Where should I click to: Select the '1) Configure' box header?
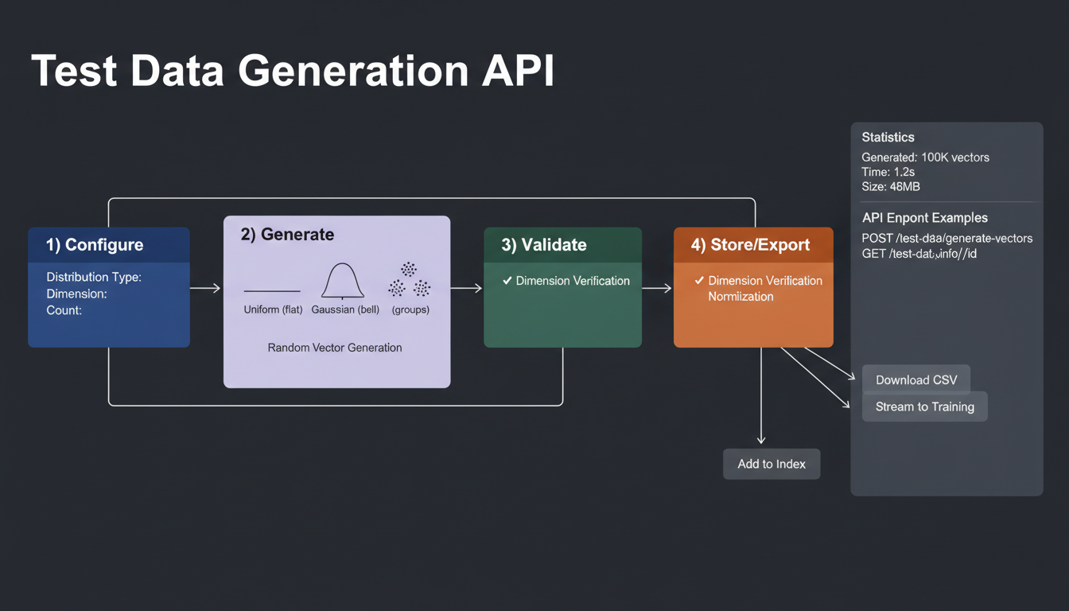point(95,245)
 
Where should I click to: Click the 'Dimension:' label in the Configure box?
point(76,294)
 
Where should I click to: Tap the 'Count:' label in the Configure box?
point(64,310)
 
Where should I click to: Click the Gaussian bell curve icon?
point(343,281)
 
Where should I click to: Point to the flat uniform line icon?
point(272,291)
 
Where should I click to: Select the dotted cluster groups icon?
point(410,280)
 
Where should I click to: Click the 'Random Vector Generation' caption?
point(335,348)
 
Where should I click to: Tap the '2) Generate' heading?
point(287,235)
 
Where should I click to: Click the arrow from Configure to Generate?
point(205,288)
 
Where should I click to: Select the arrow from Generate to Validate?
point(466,288)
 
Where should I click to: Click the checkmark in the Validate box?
point(507,281)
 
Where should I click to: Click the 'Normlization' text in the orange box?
point(741,297)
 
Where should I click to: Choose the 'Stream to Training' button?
point(924,407)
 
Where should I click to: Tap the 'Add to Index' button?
point(771,464)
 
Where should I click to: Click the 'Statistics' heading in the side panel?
point(888,138)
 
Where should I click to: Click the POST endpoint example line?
point(947,238)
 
